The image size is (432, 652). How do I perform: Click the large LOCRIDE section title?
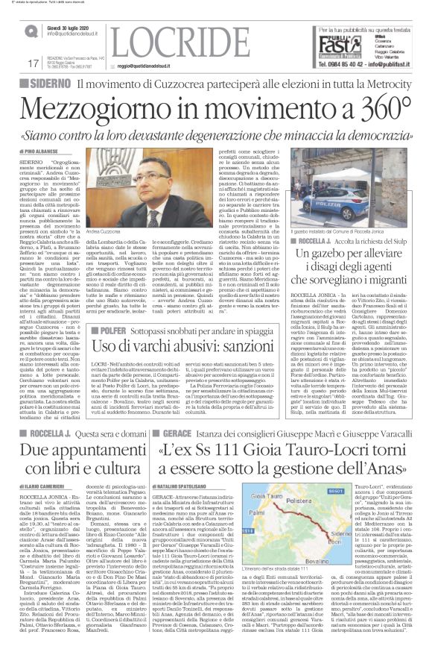[x=177, y=39]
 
